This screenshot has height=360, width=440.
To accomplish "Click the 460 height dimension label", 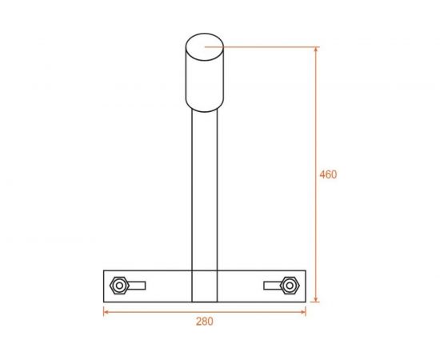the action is [x=328, y=174].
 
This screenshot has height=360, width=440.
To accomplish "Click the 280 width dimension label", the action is [x=205, y=322].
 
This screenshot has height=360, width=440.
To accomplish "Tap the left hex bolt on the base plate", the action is [x=119, y=286].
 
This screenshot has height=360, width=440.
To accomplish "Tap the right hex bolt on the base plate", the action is [x=290, y=286].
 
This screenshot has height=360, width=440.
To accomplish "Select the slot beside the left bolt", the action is [x=137, y=286].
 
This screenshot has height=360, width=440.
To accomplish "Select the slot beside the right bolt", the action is [x=272, y=286].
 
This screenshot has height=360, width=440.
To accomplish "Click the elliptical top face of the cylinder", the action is [x=205, y=47].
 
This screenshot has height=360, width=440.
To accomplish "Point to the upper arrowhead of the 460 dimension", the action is [x=316, y=50].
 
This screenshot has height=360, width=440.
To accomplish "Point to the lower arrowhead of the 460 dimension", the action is [x=316, y=299].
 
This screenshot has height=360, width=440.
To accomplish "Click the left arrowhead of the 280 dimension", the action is [x=106, y=312].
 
